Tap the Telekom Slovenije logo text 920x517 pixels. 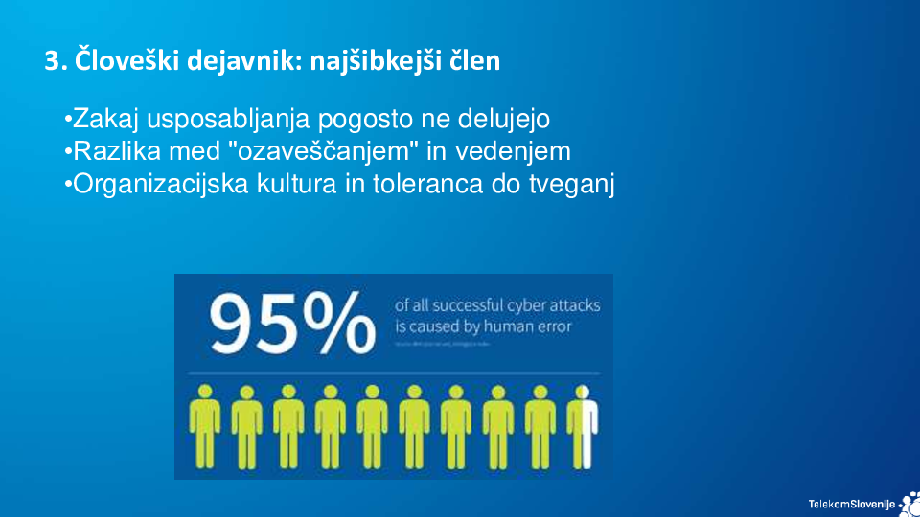[x=851, y=504]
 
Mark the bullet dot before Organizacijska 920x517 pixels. [x=68, y=184]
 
